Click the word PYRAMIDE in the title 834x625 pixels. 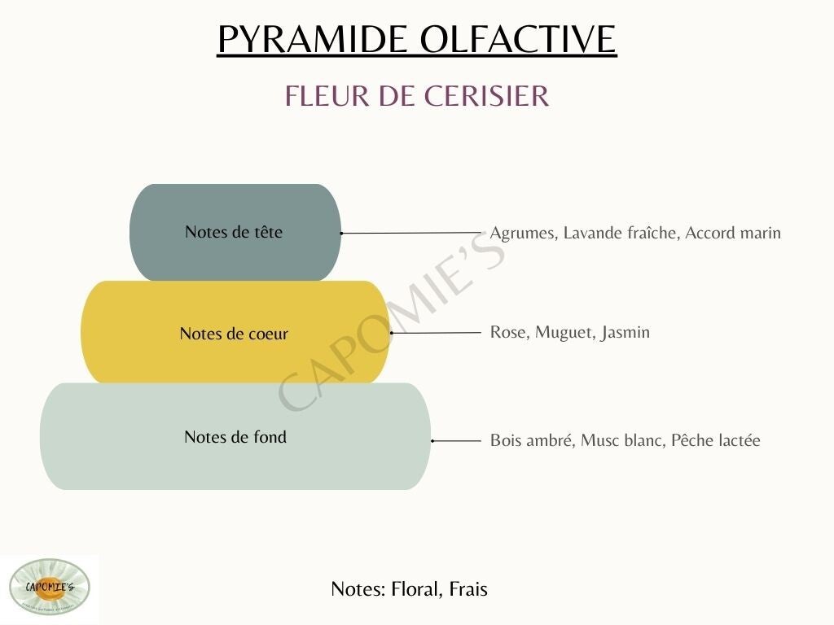[312, 39]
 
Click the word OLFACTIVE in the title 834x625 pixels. [518, 39]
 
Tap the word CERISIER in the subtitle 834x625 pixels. [486, 96]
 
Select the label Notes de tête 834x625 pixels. [234, 232]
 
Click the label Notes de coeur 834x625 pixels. [234, 334]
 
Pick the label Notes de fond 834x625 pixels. [235, 437]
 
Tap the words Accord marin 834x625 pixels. [733, 233]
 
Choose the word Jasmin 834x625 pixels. [625, 333]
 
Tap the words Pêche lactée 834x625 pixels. [715, 440]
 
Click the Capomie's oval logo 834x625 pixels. [50, 587]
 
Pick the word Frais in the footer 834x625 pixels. [468, 589]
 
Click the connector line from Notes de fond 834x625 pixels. [456, 441]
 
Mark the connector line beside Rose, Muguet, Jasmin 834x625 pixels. [436, 333]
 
